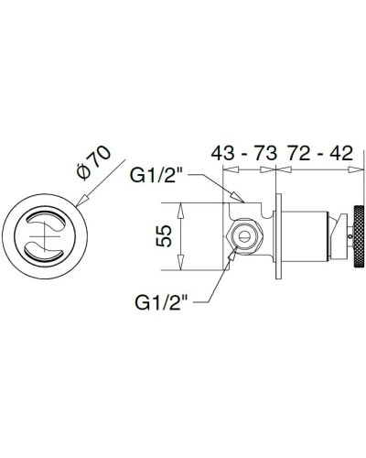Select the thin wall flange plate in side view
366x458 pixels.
(275, 235)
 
